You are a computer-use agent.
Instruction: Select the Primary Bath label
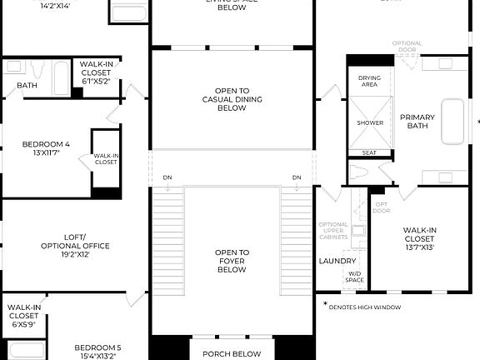[x=417, y=122]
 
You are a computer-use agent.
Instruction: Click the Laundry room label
[x=337, y=261]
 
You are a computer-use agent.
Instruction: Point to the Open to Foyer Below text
[x=232, y=262]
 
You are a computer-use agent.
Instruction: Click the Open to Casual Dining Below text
[x=232, y=99]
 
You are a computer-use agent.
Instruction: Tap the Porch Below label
[x=232, y=353]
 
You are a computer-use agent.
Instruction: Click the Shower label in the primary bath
[x=370, y=122]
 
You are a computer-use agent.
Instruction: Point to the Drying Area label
[x=370, y=81]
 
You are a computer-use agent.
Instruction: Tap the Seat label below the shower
[x=369, y=153]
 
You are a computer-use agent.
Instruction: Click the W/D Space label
[x=355, y=277]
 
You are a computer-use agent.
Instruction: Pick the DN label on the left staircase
[x=167, y=177]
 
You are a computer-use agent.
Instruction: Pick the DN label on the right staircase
[x=297, y=177]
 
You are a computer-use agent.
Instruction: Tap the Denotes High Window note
[x=364, y=307]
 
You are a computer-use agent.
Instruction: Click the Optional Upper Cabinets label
[x=333, y=231]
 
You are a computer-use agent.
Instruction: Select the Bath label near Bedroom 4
[x=27, y=84]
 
